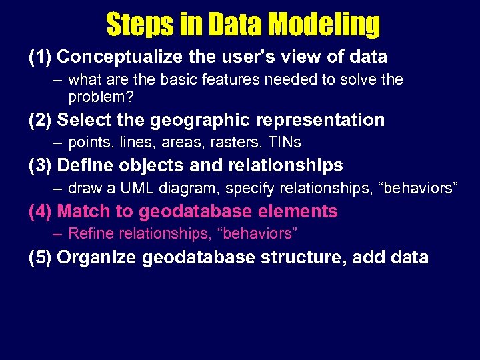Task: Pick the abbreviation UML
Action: pyautogui.click(x=138, y=188)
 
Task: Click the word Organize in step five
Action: pyautogui.click(x=95, y=257)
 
